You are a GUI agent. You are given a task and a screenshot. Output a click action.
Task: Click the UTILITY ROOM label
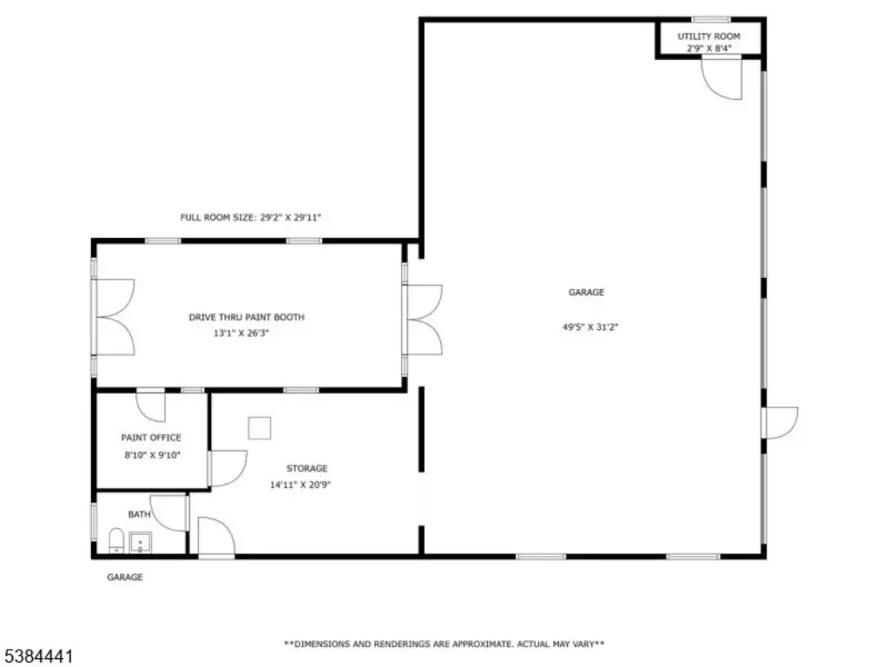pos(708,36)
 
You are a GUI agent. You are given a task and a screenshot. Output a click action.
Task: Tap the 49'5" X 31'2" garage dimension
pos(589,327)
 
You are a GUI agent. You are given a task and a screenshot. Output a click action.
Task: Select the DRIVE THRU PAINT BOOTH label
pos(247,317)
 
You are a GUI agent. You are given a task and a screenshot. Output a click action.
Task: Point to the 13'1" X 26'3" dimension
pos(241,333)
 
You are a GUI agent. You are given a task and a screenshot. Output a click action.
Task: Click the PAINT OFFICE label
pos(151,438)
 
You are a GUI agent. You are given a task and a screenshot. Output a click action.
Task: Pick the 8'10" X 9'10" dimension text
pos(153,455)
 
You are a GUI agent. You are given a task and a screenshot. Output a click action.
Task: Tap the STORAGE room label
pos(306,468)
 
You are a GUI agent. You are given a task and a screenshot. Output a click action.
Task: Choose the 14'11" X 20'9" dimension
pos(300,485)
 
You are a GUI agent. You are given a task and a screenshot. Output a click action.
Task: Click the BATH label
pos(139,514)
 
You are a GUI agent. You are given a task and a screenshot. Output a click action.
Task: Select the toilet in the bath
pos(116,540)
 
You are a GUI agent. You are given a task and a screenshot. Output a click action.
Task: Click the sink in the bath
pos(140,543)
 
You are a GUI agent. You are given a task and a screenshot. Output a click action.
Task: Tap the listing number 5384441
pos(36,657)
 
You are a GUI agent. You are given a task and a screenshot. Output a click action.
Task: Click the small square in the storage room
pos(259,428)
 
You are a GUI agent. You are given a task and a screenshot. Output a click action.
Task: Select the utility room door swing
pos(721,79)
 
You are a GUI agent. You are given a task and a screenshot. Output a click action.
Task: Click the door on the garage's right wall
pos(780,423)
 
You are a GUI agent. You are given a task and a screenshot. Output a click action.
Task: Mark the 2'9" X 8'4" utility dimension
pos(708,49)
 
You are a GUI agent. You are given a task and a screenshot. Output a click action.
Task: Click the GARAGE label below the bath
pos(125,578)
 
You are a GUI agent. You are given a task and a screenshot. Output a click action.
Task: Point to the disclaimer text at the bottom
pos(444,644)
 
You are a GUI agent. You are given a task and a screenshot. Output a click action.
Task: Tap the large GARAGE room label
pos(586,293)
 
